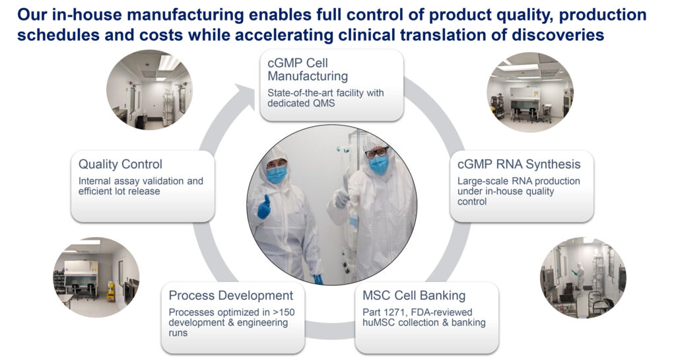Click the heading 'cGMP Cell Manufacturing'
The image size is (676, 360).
[x=308, y=69]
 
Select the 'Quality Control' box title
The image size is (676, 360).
[x=120, y=164]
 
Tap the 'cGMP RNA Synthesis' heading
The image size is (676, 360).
[x=519, y=164]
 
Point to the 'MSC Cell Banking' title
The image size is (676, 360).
[x=414, y=295]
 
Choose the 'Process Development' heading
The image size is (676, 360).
[x=230, y=295]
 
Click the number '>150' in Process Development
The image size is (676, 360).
[x=284, y=312]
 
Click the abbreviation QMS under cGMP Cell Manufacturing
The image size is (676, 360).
[x=323, y=104]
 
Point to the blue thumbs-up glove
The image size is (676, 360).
[x=264, y=208]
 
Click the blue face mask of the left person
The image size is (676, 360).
[x=277, y=174]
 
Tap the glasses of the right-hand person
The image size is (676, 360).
[x=376, y=152]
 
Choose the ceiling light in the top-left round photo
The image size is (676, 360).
[x=168, y=63]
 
